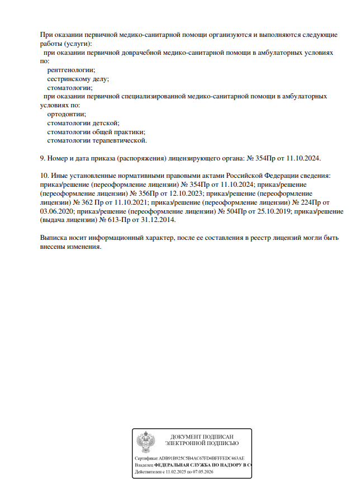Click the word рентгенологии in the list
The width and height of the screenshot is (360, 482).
coord(71,70)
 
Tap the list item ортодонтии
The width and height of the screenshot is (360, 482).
coord(67,114)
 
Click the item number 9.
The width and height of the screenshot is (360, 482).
coord(43,158)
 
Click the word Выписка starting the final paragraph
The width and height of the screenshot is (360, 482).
coord(55,237)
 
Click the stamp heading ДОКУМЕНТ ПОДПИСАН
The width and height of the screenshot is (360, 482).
coord(202,436)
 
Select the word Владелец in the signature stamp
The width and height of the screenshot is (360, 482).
coord(144,465)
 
